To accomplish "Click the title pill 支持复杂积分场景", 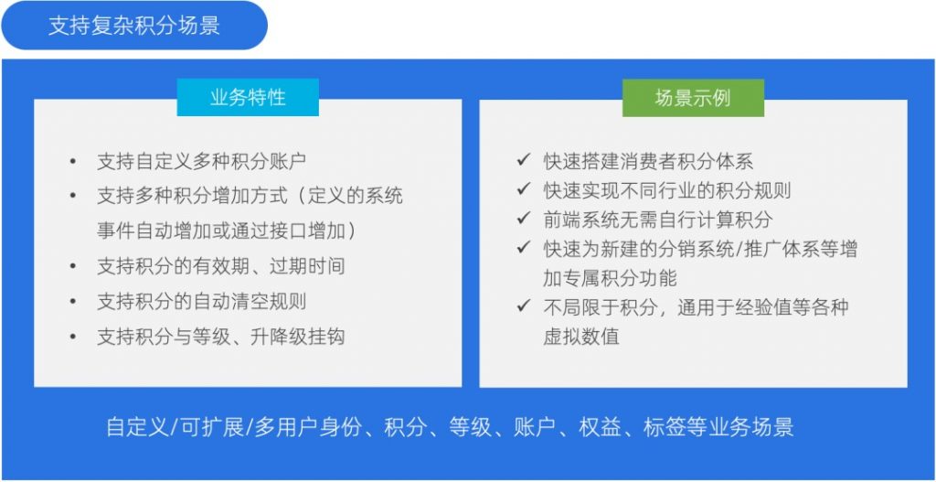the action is (134, 25).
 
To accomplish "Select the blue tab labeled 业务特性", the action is (248, 97).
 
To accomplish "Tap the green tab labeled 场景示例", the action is (693, 97).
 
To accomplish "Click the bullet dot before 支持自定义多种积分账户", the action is (73, 161).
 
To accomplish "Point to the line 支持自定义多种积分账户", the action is (202, 161).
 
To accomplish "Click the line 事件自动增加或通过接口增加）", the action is (227, 231).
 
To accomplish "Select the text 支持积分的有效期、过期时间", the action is (221, 266).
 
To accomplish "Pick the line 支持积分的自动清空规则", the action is (202, 301).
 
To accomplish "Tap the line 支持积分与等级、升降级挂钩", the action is (221, 337).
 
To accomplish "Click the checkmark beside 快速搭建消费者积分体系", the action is (524, 160).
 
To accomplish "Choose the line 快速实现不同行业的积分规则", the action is (666, 190).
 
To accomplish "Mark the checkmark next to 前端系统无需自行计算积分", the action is (524, 218).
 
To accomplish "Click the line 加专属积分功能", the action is (610, 278).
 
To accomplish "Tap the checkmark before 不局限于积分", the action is (524, 305).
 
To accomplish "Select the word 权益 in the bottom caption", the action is (600, 428).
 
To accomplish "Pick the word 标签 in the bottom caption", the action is (665, 428).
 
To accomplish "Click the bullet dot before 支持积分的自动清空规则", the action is (73, 301).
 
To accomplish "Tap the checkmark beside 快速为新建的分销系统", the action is (524, 247).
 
